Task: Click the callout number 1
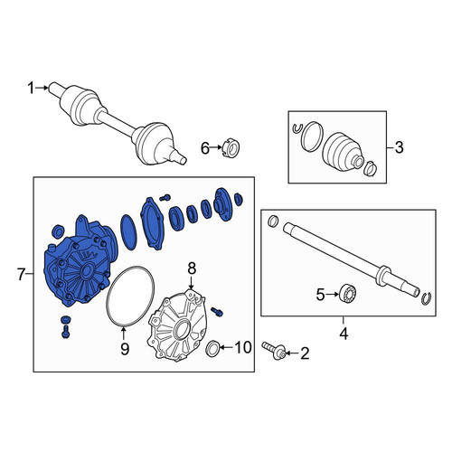31,89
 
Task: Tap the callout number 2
305,353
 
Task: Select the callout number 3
399,147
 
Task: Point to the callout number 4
344,334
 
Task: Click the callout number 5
320,295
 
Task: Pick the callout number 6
205,148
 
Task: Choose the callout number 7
21,275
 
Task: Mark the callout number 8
192,268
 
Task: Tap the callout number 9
125,349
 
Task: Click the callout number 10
243,347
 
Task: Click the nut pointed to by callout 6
231,147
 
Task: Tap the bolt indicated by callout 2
274,351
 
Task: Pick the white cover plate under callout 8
177,325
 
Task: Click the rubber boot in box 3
344,150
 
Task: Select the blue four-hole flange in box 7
222,204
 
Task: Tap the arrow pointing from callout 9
123,334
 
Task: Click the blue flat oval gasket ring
128,232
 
